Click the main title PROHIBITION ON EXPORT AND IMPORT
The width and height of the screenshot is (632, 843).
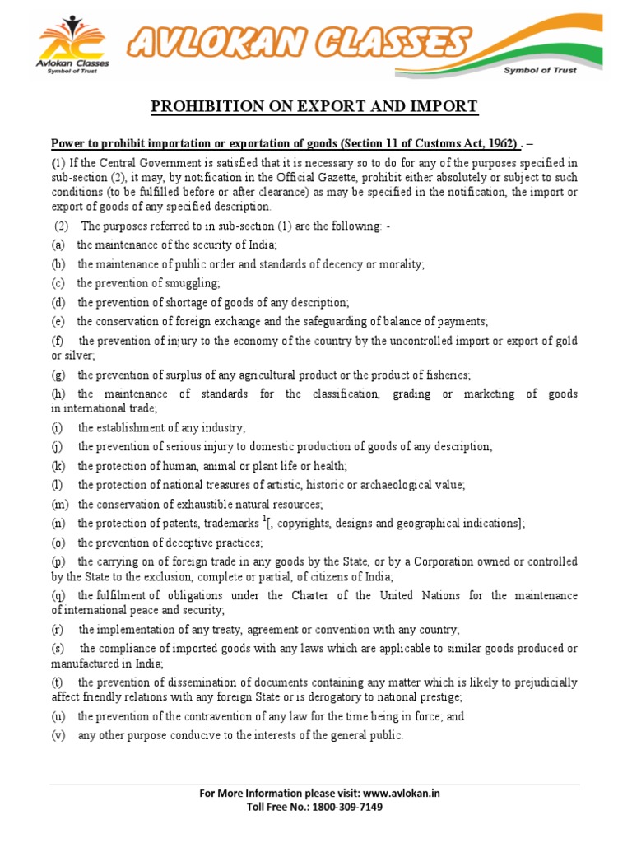[314, 106]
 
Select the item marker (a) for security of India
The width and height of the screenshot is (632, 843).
[58, 245]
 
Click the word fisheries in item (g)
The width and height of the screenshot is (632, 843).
[444, 375]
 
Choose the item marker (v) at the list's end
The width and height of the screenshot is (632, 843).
[58, 735]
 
